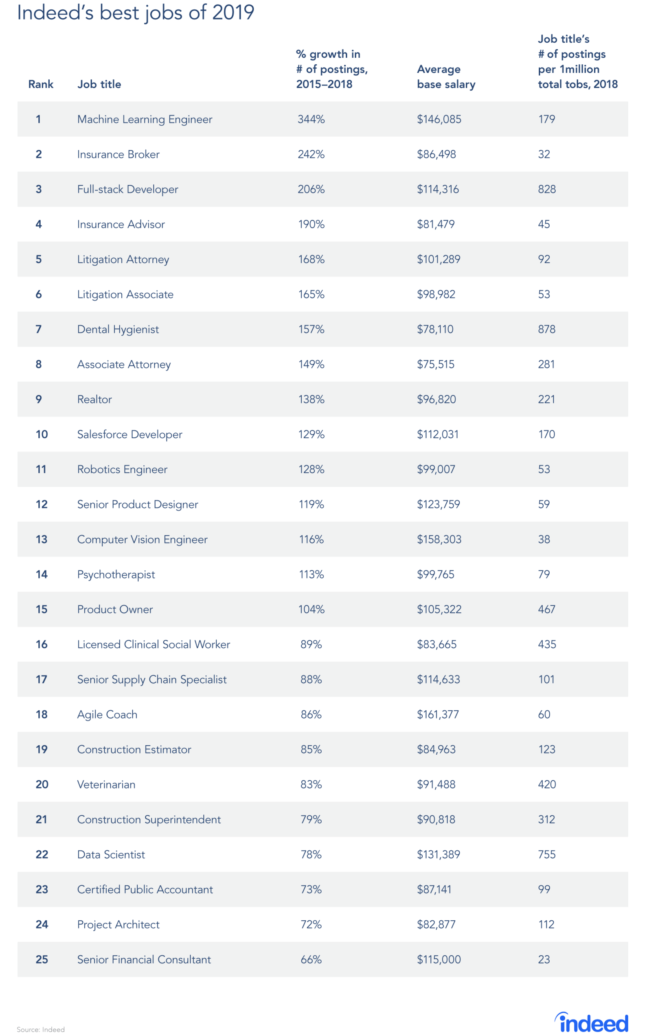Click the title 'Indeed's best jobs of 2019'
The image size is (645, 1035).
135,13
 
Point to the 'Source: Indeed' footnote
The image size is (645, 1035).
41,1029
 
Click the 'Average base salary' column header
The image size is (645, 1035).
446,77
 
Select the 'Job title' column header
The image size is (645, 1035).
99,84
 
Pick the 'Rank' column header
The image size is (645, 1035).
41,84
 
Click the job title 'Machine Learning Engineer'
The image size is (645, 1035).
145,119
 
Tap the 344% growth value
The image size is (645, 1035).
311,119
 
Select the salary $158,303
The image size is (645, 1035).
439,539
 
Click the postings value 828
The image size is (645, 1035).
546,189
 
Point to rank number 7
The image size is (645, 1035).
38,330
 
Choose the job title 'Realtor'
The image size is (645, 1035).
94,399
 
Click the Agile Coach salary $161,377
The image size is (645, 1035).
438,714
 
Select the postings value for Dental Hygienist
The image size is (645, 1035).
546,330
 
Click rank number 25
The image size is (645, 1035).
42,960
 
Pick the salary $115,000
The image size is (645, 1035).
439,960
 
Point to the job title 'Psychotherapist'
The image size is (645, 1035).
116,574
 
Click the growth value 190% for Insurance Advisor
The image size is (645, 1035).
311,224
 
